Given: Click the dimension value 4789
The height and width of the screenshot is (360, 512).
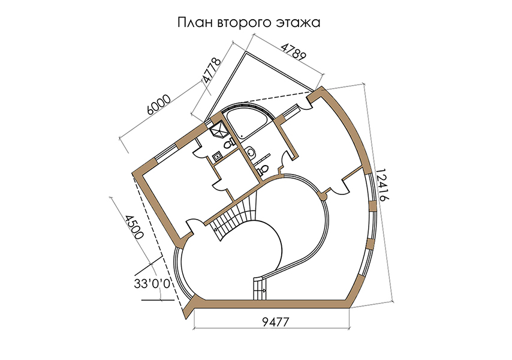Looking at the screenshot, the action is (x=294, y=51).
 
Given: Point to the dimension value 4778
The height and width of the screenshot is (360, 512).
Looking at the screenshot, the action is (x=212, y=71).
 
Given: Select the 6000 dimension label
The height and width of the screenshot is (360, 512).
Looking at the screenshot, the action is (x=159, y=104).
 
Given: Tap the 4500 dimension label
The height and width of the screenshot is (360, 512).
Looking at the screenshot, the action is (x=134, y=227).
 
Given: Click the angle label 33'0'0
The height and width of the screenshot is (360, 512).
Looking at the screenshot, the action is (x=152, y=284).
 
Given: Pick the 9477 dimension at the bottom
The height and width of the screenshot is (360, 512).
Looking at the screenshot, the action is (x=276, y=322).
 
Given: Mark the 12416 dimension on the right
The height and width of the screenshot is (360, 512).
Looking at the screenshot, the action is (x=381, y=185).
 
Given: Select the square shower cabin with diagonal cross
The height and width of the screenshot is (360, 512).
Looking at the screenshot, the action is (x=219, y=129).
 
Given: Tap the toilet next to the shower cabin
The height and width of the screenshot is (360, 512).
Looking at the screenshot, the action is (x=229, y=143).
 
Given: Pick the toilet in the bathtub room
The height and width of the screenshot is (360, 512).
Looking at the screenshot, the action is (x=262, y=170).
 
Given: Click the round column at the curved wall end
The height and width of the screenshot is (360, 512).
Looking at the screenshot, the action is (x=323, y=196).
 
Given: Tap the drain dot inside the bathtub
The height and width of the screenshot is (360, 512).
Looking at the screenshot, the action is (x=241, y=134).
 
